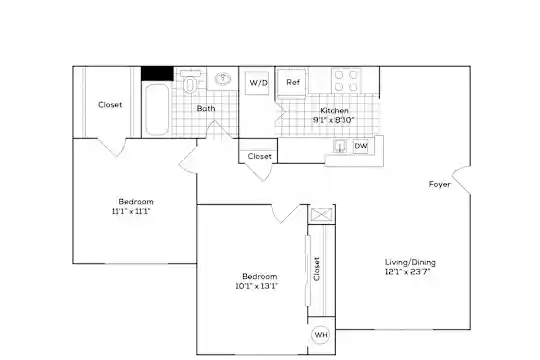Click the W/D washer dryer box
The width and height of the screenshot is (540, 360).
[x=257, y=83]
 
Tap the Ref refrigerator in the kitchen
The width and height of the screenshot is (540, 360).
[x=292, y=82]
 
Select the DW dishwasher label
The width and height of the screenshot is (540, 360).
[x=361, y=146]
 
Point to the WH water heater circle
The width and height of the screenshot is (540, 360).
[x=321, y=335]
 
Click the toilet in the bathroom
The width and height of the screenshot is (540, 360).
[x=190, y=82]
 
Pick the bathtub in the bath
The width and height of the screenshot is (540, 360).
[x=157, y=109]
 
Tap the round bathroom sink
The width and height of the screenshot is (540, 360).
[x=223, y=79]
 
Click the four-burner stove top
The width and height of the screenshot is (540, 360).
[x=346, y=81]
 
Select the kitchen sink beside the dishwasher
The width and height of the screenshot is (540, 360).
[x=340, y=146]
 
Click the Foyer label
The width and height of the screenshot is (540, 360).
[x=439, y=184]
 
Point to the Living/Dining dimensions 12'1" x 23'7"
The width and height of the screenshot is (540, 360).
[x=408, y=272]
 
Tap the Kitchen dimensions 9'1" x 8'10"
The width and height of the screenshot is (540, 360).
[x=333, y=120]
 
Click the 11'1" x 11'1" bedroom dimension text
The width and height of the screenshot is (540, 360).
[x=131, y=211]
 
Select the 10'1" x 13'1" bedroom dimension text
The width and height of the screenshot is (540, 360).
[x=257, y=286]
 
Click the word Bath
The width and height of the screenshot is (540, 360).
[x=206, y=109]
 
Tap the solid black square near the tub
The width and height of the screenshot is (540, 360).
[x=157, y=73]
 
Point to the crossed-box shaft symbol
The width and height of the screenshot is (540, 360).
[x=321, y=214]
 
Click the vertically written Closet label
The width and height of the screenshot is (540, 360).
[x=316, y=269]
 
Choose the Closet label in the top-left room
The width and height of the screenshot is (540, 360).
[x=110, y=104]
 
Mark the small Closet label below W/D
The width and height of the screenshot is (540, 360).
[x=259, y=156]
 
